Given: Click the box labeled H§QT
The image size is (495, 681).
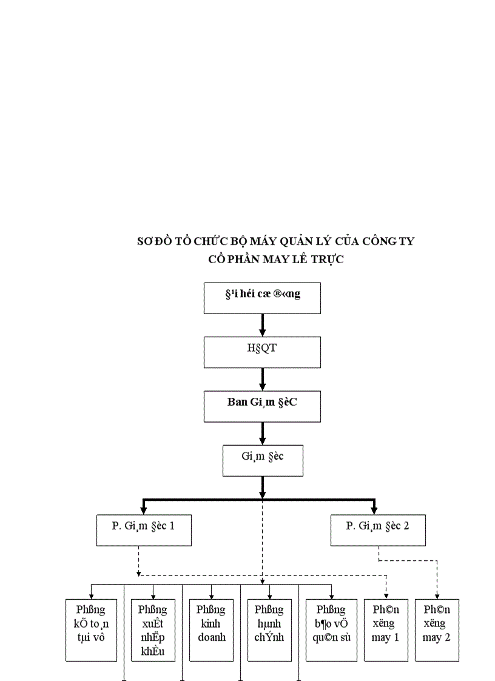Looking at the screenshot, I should [x=262, y=352].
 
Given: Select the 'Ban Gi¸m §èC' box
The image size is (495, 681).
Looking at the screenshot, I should [x=262, y=406].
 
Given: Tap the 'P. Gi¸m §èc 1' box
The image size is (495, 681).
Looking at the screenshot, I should [x=144, y=530].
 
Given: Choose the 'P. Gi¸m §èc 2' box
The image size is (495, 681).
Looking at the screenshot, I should [x=378, y=530].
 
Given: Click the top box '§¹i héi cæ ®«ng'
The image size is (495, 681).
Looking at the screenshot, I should [x=262, y=298].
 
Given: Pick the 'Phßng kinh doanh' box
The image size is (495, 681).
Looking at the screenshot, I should [x=211, y=629].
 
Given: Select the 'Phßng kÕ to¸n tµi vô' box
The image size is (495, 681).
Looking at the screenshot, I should [x=91, y=629].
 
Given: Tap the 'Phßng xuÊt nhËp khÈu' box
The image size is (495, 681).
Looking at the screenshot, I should [x=152, y=629].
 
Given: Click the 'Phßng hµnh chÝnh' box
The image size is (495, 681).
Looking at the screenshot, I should [x=269, y=629].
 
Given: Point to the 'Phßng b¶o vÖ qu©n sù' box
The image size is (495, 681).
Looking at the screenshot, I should [x=332, y=629].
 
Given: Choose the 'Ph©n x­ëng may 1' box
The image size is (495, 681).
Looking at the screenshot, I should [x=385, y=629].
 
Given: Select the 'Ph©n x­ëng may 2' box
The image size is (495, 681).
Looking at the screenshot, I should [x=437, y=629].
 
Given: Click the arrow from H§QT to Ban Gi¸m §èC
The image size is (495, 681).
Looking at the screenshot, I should [x=263, y=380].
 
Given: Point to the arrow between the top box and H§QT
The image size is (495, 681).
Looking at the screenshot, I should [x=263, y=326].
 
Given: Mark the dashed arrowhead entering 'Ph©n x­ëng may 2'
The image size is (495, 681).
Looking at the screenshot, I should [x=437, y=596].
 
